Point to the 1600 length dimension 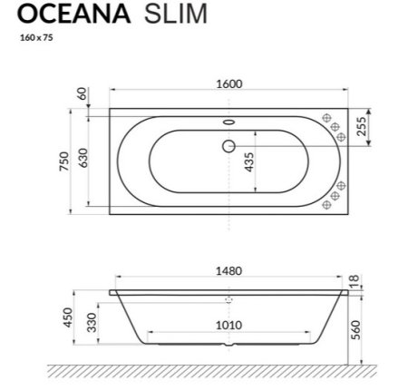pos(229,83)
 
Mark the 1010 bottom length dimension pos(229,325)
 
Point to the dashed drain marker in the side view pos(228,297)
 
